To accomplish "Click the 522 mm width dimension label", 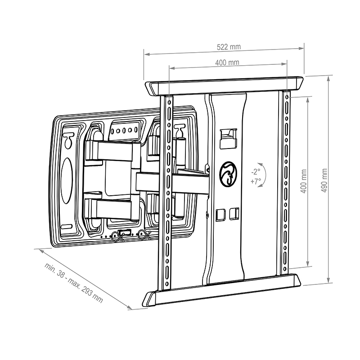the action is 229,47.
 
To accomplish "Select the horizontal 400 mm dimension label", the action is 227,63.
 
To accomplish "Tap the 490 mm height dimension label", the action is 324,180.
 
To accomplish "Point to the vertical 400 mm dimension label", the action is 303,181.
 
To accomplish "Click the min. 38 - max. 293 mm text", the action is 73,283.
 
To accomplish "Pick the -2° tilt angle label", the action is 256,171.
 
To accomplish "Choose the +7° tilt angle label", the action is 256,181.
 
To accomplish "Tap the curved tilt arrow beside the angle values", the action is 263,175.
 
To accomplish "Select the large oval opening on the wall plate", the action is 67,180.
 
